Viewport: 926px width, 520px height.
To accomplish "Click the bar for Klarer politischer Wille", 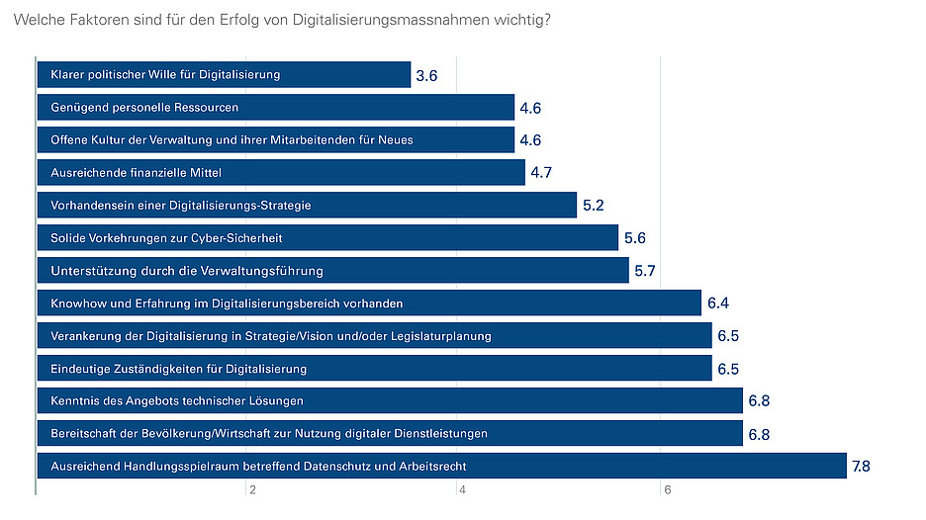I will coord(224,74).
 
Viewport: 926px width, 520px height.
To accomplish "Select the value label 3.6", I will coord(427,75).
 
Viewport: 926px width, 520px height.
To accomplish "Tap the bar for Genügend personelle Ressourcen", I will coord(275,107).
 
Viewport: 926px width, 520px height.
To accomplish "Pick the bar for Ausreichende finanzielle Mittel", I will coord(281,172).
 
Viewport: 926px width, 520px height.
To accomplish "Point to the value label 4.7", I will coord(541,173).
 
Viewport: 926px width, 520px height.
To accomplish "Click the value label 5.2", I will coord(593,206).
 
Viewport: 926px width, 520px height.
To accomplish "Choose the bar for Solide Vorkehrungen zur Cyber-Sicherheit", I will coord(327,237).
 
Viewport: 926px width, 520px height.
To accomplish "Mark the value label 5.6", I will coord(634,238).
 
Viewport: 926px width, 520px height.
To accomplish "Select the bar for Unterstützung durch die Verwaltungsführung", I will coord(332,270).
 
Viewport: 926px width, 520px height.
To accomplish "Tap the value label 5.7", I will coord(645,271).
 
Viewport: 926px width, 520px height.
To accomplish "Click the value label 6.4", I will coord(717,303).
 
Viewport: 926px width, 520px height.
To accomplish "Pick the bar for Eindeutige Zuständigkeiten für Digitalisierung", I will coord(374,368).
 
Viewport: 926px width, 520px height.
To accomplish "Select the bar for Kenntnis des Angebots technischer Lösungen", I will coord(390,400).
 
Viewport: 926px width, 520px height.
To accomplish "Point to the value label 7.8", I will coord(864,467).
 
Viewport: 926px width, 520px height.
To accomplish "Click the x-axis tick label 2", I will coord(252,491).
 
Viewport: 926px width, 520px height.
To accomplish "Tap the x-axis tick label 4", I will coord(459,491).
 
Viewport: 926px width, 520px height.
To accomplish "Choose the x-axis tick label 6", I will coord(668,491).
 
